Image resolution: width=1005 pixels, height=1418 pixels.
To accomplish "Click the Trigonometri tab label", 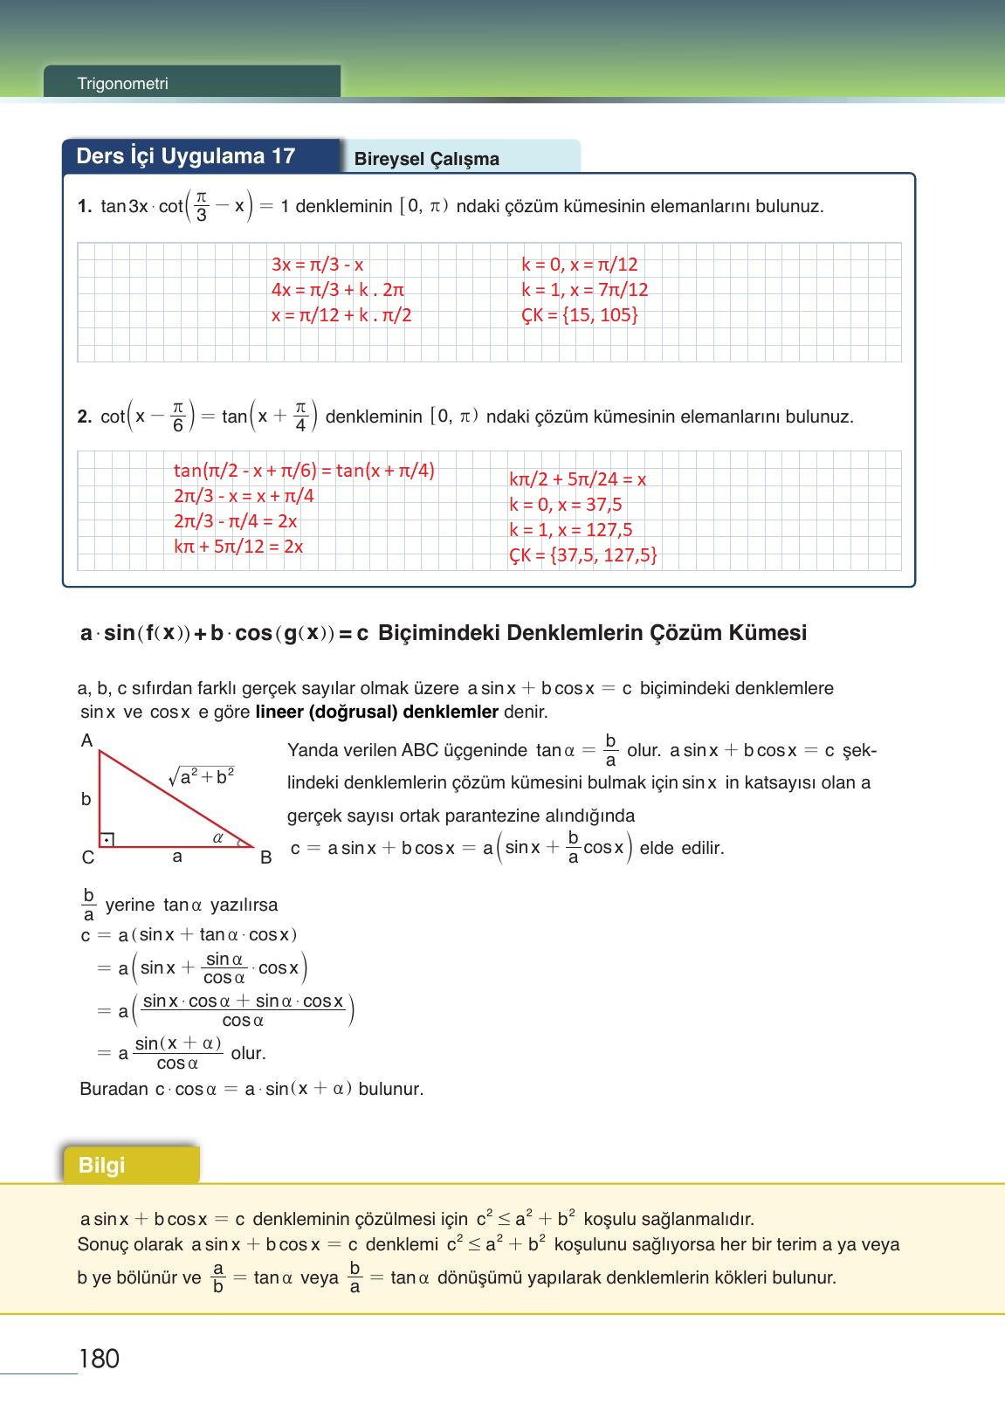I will pyautogui.click(x=122, y=84).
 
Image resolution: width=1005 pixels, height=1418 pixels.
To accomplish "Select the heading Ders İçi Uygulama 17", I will pyautogui.click(x=185, y=156).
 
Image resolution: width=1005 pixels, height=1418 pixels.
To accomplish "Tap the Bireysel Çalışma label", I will pyautogui.click(x=427, y=159).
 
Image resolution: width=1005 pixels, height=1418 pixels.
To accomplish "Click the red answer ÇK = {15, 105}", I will pyautogui.click(x=580, y=315).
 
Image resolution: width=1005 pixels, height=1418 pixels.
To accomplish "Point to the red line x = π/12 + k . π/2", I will pyautogui.click(x=341, y=315).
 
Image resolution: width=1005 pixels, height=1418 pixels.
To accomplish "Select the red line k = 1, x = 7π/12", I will pyautogui.click(x=584, y=290).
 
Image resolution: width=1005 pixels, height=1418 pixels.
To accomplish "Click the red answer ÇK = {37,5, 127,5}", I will pyautogui.click(x=583, y=555).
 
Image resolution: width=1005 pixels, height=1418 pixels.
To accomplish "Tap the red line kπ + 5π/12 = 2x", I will pyautogui.click(x=238, y=547).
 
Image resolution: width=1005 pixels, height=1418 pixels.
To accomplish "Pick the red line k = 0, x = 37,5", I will pyautogui.click(x=565, y=505).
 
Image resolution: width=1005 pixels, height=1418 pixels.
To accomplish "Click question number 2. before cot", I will pyautogui.click(x=85, y=417).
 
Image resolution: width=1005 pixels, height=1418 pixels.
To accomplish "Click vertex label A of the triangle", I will pyautogui.click(x=86, y=741).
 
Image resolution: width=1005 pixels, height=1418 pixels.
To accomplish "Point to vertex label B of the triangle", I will pyautogui.click(x=266, y=857).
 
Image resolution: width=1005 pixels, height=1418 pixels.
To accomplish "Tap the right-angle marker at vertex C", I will pyautogui.click(x=107, y=840).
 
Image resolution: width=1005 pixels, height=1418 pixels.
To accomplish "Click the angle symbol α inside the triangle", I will pyautogui.click(x=218, y=837).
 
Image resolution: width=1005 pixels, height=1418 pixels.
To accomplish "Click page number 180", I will pyautogui.click(x=99, y=1359).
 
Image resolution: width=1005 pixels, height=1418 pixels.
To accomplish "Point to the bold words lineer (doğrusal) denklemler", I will pyautogui.click(x=376, y=712).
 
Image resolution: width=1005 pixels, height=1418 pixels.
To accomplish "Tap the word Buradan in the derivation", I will pyautogui.click(x=114, y=1090).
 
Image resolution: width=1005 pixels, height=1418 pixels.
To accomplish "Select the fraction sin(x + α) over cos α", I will pyautogui.click(x=178, y=1053).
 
